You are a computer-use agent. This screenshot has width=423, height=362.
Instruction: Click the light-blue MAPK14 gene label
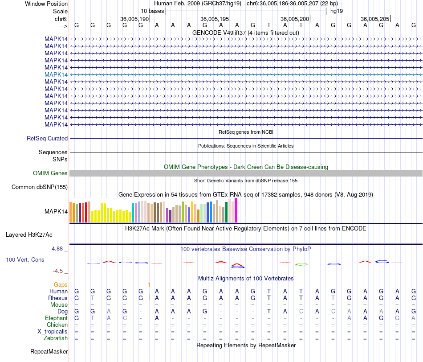tap(56, 74)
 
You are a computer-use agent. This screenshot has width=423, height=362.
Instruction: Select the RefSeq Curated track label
tap(47, 139)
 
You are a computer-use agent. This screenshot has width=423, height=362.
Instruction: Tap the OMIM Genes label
tap(50, 173)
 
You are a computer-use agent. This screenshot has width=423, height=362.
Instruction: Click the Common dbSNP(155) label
tap(40, 187)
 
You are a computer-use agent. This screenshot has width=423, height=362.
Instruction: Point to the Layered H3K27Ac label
tap(37, 234)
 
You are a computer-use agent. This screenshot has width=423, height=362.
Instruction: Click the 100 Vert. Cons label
tap(25, 259)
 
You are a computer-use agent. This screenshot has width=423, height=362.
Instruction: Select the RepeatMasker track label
tap(49, 352)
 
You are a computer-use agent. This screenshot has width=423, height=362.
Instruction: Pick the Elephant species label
tap(56, 318)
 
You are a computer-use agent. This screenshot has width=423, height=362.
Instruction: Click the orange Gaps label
tap(61, 284)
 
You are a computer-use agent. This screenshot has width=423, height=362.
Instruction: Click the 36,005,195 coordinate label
tap(215, 19)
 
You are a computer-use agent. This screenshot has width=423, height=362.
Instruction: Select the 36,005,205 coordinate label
tap(375, 19)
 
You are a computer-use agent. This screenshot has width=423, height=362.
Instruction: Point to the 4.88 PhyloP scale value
tap(58, 249)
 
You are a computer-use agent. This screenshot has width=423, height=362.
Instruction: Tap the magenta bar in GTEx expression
tap(236, 210)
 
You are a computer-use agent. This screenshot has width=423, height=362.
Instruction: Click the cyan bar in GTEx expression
tap(133, 213)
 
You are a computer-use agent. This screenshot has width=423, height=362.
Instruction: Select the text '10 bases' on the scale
tap(152, 11)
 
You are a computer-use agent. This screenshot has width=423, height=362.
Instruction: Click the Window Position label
tap(46, 4)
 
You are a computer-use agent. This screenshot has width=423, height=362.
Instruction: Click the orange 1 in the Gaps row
tap(150, 284)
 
